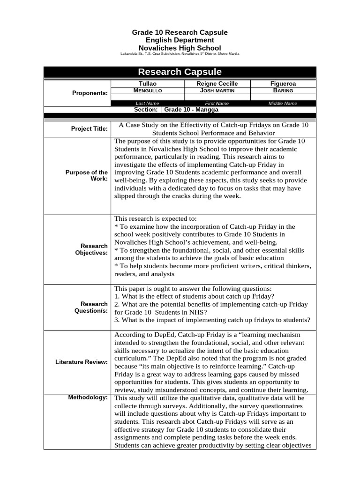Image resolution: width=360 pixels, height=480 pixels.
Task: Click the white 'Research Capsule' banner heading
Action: click(180, 72)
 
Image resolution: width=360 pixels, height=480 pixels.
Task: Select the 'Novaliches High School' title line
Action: click(180, 48)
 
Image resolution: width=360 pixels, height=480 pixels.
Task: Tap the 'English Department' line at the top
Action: click(180, 40)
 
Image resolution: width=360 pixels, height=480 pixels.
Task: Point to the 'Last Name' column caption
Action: click(147, 103)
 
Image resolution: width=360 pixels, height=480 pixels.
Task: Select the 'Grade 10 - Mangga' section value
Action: click(191, 109)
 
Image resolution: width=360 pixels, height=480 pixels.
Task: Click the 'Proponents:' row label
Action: click(90, 93)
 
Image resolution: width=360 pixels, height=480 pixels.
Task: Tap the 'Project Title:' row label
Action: click(90, 129)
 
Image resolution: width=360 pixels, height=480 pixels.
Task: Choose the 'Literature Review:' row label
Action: click(82, 362)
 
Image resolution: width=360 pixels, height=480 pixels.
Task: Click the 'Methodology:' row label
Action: click(88, 397)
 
